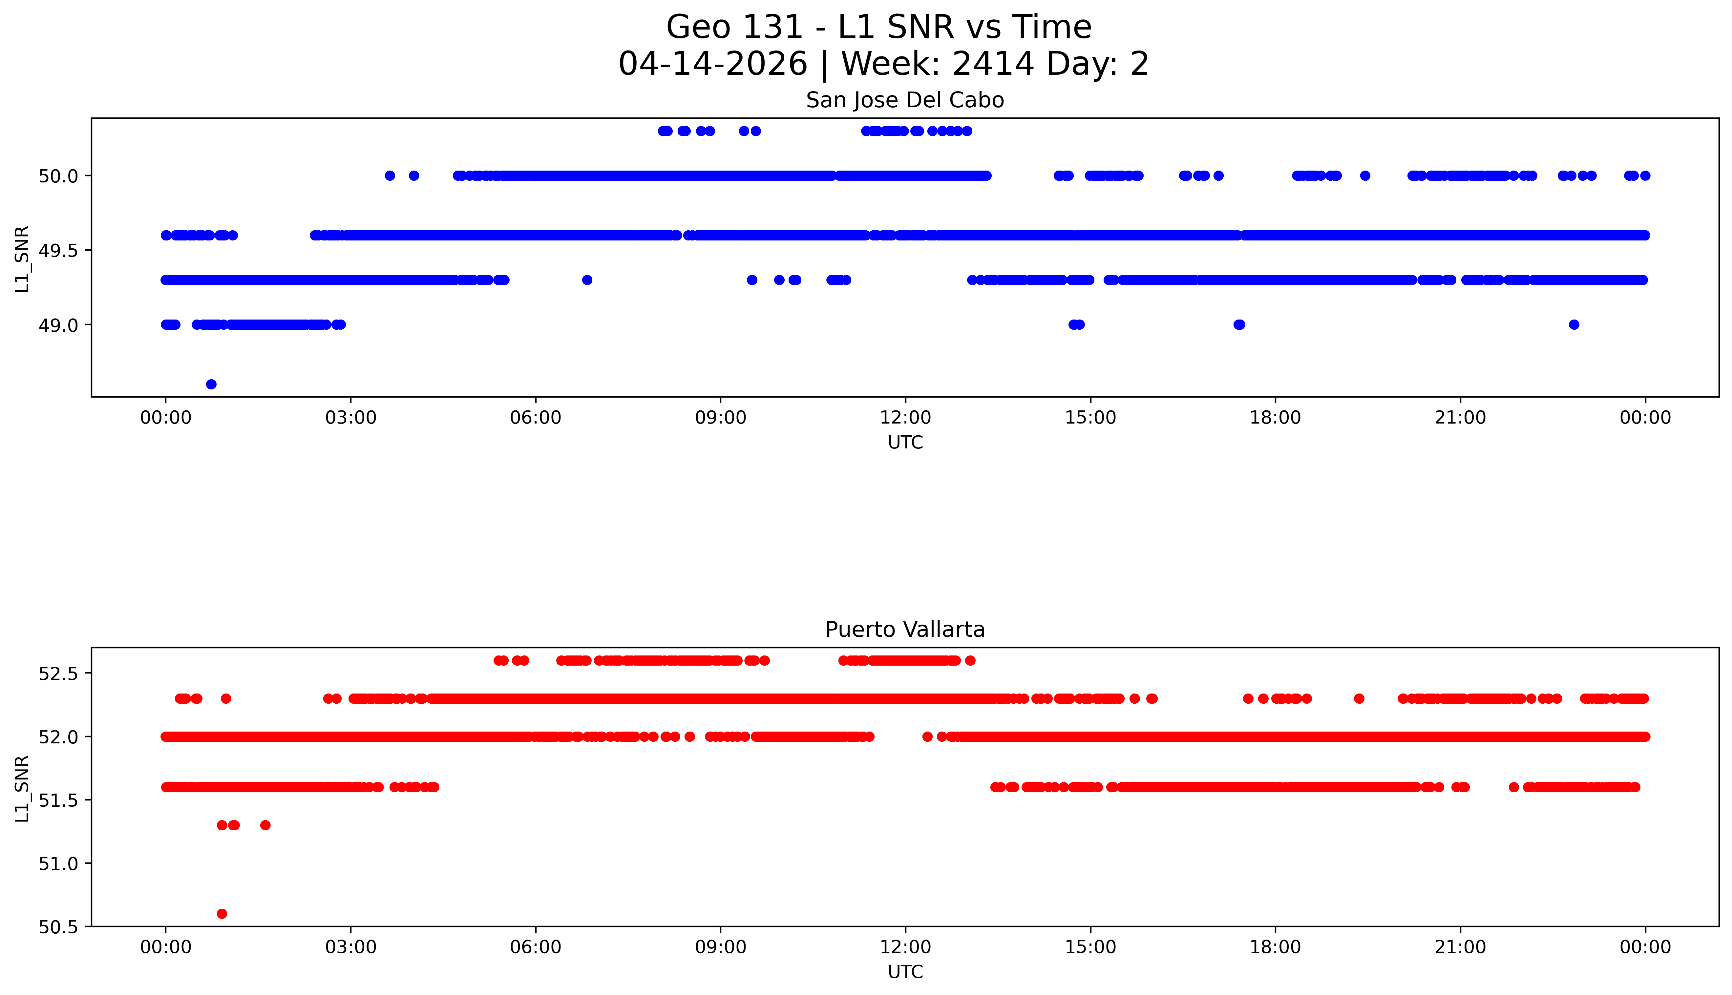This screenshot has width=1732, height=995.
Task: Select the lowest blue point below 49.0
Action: point(211,384)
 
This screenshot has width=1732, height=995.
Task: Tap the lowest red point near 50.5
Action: point(222,914)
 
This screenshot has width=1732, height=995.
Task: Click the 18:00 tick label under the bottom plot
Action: point(1275,947)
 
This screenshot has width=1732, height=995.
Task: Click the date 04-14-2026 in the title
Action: point(713,64)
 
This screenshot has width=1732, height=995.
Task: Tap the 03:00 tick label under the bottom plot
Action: point(351,947)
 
